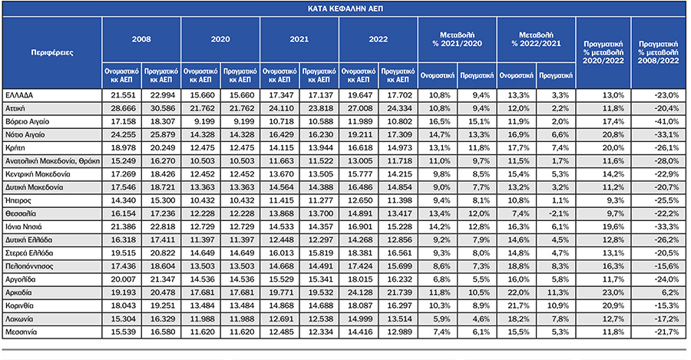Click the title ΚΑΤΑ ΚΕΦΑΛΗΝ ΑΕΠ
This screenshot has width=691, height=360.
click(x=345, y=8)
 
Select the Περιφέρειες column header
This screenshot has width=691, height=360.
click(x=52, y=53)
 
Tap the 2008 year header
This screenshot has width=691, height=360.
click(x=141, y=39)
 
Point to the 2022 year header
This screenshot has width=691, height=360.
click(x=378, y=39)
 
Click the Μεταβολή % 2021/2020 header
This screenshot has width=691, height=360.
click(x=457, y=39)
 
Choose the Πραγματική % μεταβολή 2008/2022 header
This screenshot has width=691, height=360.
click(x=659, y=52)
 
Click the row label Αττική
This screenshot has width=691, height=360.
click(x=15, y=108)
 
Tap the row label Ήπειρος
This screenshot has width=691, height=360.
click(x=18, y=200)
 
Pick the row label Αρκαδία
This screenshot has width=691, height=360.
click(x=18, y=292)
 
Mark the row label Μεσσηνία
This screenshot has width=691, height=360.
click(x=21, y=332)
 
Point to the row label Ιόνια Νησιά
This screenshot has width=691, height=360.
click(x=23, y=227)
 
